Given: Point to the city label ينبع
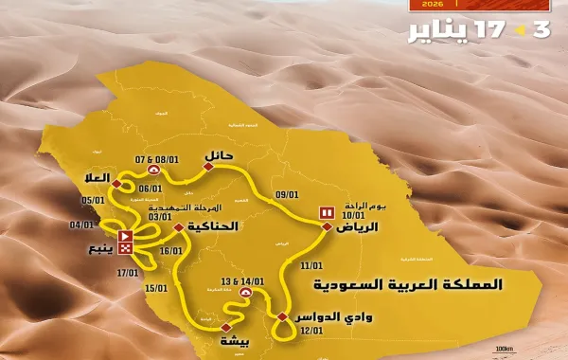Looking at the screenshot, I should coord(97,251).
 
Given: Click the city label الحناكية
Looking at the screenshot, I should coord(212,227).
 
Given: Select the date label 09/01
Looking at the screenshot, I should coord(286,195).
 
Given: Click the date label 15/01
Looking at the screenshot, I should coord(155,288).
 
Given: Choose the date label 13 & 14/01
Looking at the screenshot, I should coord(244,282).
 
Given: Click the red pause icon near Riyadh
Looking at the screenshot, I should coord(327,214).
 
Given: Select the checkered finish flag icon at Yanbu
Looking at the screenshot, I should coord(124,254).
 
